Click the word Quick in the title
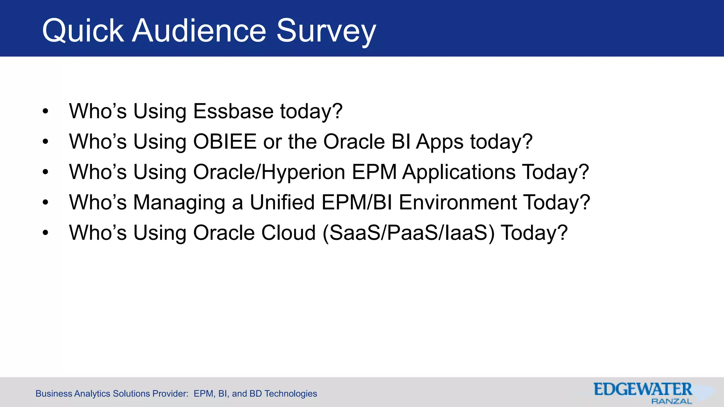83,31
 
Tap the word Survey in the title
326,31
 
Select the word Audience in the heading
199,31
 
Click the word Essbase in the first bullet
233,111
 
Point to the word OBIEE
225,142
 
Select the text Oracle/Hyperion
269,172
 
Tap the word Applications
459,172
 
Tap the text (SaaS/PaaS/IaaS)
408,233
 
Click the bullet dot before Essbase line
45,112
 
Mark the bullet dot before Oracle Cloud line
45,233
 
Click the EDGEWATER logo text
643,389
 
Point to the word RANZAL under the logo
671,401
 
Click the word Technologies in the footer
291,394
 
